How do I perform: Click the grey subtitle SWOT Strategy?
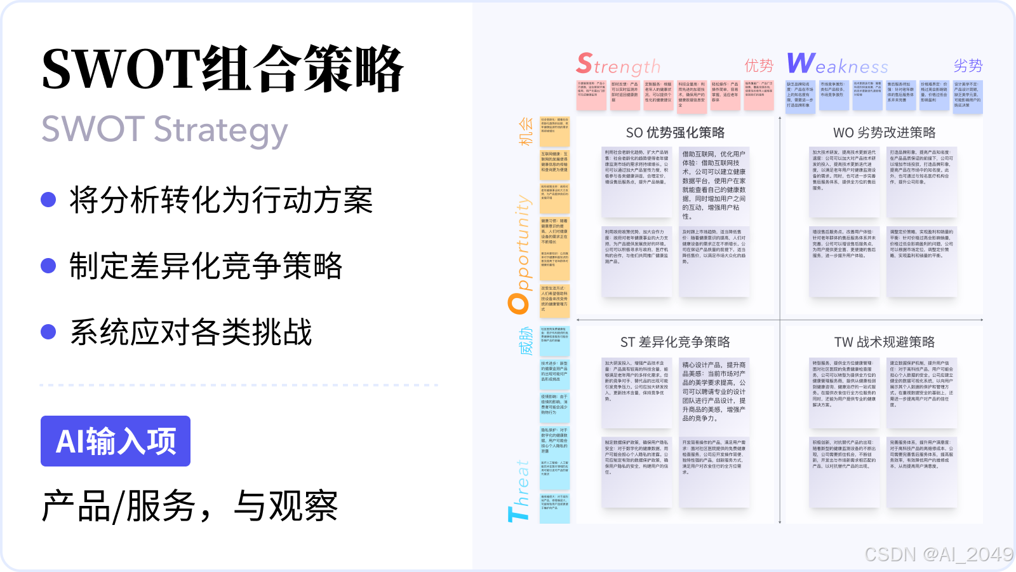[164, 130]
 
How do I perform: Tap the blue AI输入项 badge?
[116, 441]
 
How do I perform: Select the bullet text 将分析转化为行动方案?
[221, 200]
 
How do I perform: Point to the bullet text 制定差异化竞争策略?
[206, 266]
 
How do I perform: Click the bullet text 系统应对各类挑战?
[190, 332]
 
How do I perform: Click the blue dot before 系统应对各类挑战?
[48, 332]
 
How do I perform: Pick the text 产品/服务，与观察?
[189, 507]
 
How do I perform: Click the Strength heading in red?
[618, 65]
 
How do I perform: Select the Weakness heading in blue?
[837, 64]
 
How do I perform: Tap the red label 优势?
[759, 65]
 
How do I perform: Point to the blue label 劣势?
[968, 65]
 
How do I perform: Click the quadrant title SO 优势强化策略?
[675, 133]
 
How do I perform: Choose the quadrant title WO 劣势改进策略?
[884, 133]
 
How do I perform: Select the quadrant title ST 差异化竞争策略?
[675, 343]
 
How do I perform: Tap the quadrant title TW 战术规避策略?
[884, 343]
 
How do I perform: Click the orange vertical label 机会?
[526, 132]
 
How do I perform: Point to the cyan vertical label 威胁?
[526, 341]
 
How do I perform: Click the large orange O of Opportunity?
[519, 303]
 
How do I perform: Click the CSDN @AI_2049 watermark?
[939, 554]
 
